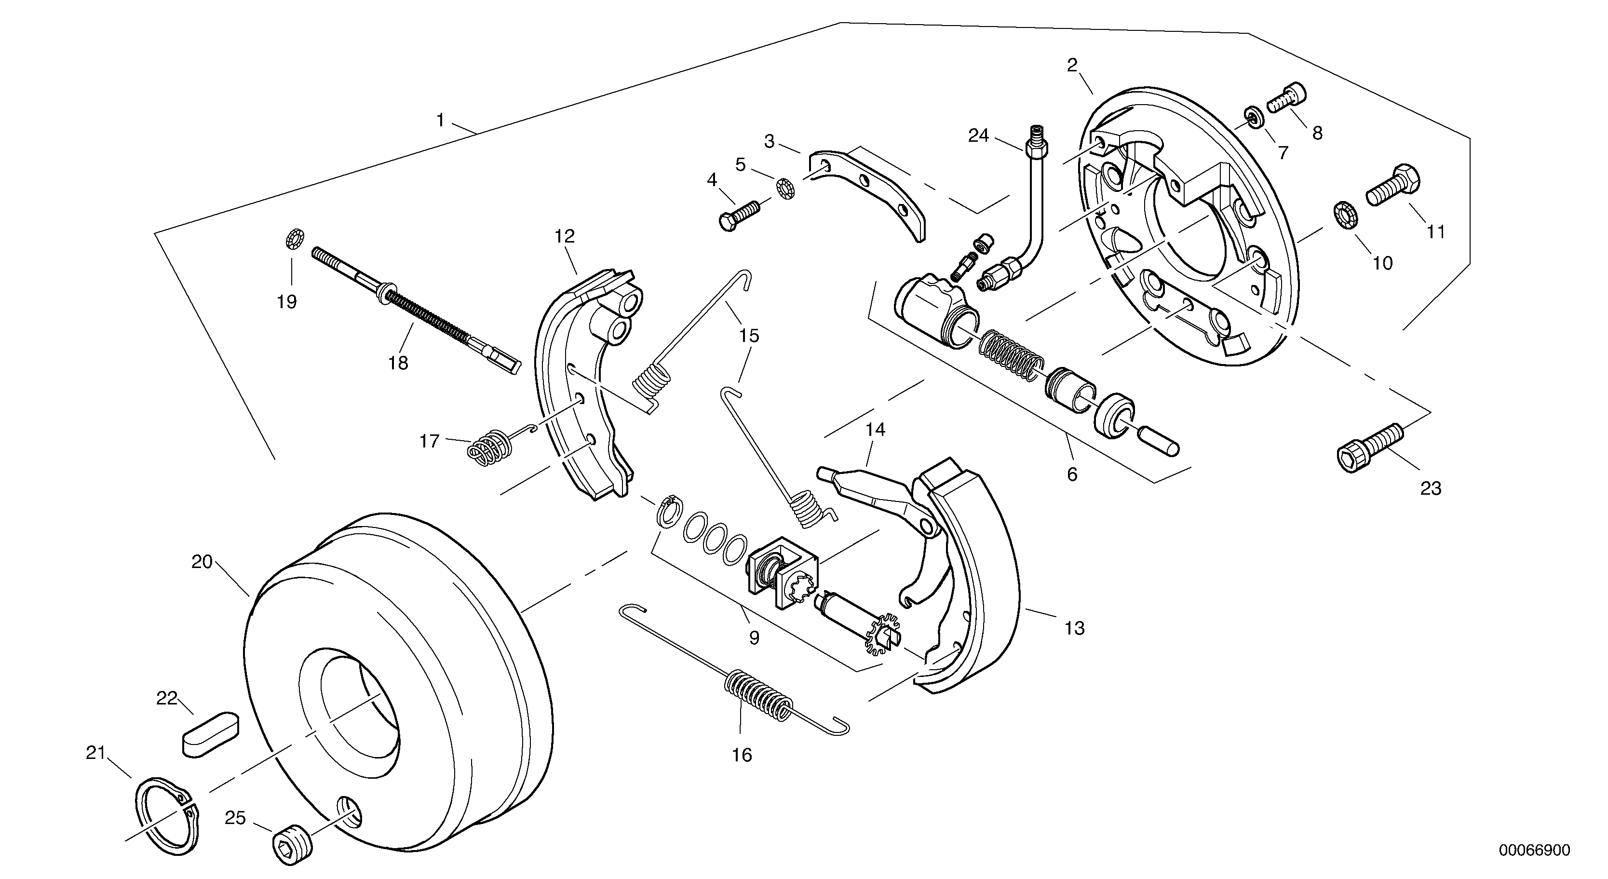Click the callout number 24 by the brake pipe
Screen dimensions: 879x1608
click(x=978, y=135)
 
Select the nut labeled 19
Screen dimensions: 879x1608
click(x=294, y=239)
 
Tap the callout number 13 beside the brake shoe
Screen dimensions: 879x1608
click(x=1074, y=628)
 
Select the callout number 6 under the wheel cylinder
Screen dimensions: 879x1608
click(x=1072, y=474)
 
